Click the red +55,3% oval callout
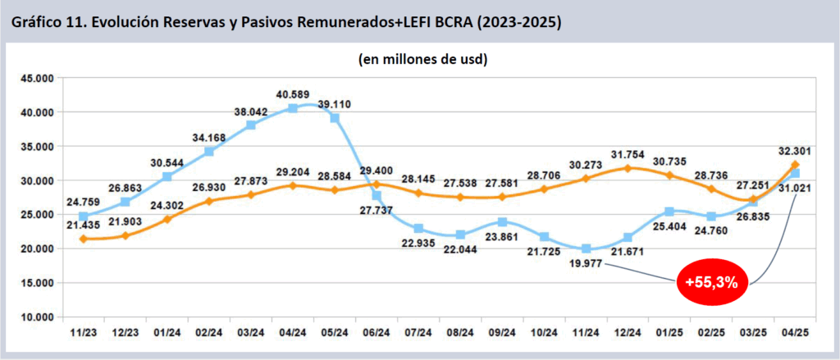[x=711, y=283]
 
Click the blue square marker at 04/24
[x=293, y=108]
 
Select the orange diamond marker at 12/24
[x=628, y=168]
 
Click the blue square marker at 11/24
[x=586, y=248]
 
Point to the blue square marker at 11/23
[x=84, y=216]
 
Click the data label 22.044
[x=460, y=250]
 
